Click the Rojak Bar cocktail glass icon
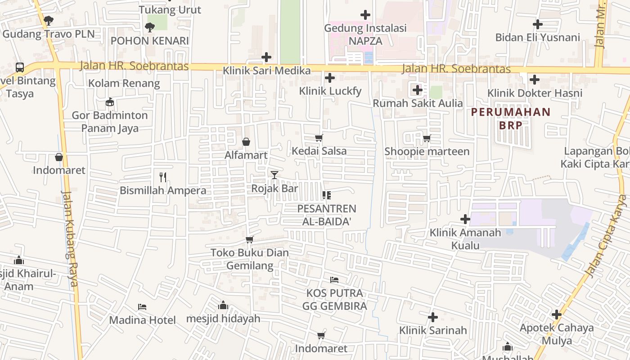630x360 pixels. click(x=274, y=175)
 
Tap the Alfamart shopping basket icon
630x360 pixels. click(x=246, y=142)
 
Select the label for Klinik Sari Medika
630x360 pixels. click(x=267, y=71)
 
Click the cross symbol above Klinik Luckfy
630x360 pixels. click(x=330, y=78)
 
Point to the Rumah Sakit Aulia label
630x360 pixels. click(x=417, y=103)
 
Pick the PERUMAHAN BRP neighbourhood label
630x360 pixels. click(x=510, y=118)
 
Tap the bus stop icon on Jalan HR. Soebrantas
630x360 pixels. click(x=19, y=67)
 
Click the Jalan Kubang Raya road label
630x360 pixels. click(x=70, y=238)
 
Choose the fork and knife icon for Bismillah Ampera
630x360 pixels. click(x=163, y=177)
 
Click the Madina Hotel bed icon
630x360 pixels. click(x=142, y=307)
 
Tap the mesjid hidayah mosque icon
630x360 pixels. click(x=223, y=306)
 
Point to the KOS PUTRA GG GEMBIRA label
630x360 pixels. click(x=334, y=300)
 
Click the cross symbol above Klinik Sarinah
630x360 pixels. click(x=432, y=317)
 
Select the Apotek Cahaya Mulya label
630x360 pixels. click(x=556, y=334)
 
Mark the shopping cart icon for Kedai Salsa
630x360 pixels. click(x=319, y=138)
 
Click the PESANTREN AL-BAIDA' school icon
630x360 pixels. click(x=327, y=195)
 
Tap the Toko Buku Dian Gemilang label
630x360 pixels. click(x=250, y=259)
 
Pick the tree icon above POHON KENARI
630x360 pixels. click(x=149, y=27)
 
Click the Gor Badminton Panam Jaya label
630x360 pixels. click(x=110, y=121)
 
